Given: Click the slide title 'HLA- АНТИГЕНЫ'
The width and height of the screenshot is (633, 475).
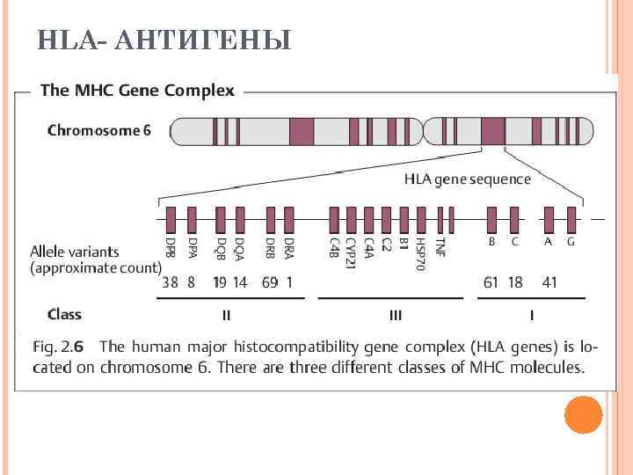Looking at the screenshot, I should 164,40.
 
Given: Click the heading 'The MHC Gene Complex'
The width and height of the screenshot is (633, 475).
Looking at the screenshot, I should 138,90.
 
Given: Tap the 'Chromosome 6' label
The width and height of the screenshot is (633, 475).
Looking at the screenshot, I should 98,131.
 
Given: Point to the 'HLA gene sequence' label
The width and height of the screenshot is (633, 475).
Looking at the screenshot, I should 467,179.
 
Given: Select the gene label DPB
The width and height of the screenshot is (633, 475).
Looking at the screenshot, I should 170,245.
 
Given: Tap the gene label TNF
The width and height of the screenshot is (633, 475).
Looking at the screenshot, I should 440,245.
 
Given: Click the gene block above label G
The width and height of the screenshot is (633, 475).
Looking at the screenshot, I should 571,219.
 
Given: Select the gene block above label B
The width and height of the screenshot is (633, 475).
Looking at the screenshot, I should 493,219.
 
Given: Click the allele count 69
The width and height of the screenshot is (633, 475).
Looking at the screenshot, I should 270,282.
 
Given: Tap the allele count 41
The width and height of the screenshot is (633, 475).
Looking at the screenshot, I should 549,282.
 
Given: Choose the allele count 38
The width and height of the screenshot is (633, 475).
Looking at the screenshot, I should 171,282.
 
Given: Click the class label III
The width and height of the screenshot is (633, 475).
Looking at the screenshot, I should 396,314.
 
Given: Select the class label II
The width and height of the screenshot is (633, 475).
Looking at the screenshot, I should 226,314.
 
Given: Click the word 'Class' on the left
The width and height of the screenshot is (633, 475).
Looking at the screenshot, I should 64,314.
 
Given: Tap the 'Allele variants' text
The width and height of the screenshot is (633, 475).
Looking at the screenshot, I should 75,252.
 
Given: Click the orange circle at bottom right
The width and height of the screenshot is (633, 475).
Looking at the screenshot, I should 583,414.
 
